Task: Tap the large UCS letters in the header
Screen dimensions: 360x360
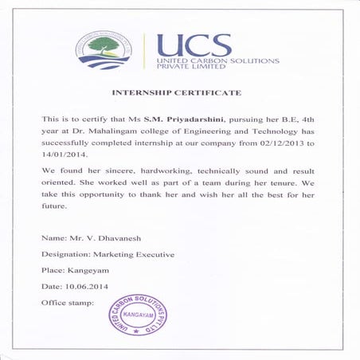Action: pyautogui.click(x=194, y=45)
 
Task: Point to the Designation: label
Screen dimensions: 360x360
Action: pyautogui.click(x=65, y=255)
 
